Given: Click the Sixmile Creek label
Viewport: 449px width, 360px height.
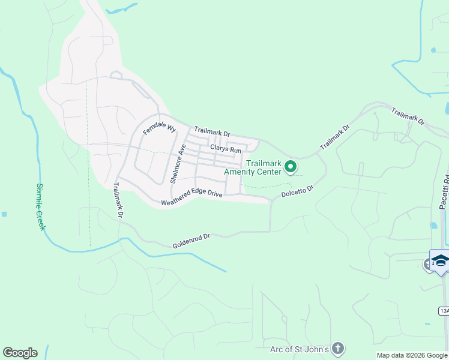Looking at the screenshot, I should point(41,208).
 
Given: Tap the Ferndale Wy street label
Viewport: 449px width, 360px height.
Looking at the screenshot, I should point(159,128).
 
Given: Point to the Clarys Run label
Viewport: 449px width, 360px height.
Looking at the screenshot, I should point(225,149).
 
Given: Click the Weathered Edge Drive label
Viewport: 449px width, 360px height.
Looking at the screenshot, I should point(191,198).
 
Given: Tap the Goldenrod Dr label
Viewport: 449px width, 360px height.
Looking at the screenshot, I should point(191,241).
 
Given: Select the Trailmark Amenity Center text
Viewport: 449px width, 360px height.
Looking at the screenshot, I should point(252,167).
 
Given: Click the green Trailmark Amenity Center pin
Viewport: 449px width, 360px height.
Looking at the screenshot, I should point(291,166).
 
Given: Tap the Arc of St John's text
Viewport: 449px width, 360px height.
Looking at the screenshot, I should point(299,349).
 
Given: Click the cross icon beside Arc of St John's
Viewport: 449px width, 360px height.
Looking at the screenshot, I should point(339,348).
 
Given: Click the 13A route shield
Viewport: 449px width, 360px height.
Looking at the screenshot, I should point(444,310).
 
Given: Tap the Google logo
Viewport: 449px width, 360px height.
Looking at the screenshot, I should point(20,353).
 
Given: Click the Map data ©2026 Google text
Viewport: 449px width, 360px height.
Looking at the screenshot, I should point(411,355).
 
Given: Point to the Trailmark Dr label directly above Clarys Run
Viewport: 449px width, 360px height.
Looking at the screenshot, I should point(212,131).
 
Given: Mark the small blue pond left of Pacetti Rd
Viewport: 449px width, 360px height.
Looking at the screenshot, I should point(433,226).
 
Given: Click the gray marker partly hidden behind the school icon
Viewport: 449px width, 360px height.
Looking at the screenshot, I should point(428,263).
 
